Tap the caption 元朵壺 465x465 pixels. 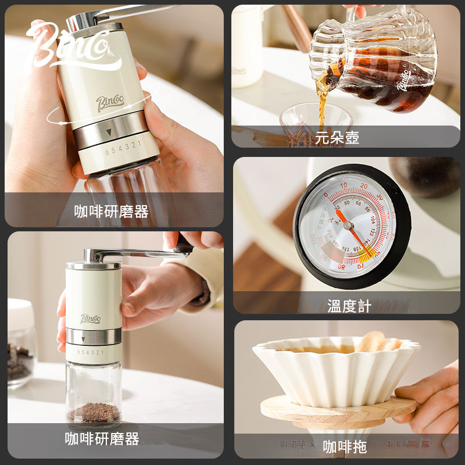tap(337, 138)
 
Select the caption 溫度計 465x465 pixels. tap(349, 306)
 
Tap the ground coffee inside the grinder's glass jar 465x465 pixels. tap(94, 412)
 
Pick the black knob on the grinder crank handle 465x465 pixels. tap(184, 245)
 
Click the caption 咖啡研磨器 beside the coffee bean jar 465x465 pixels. tap(102, 439)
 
